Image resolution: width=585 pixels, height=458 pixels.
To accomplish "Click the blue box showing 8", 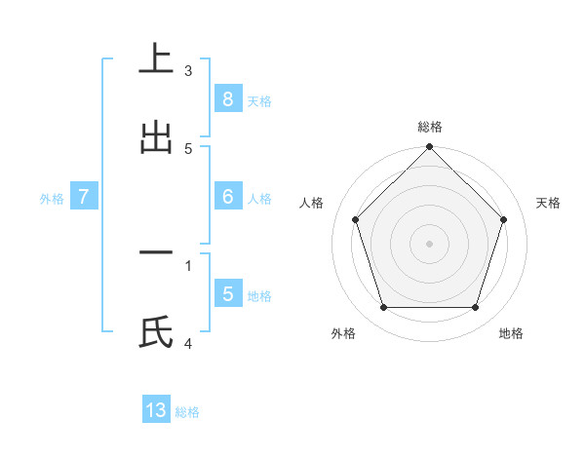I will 227,98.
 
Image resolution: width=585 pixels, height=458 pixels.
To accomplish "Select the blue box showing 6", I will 227,196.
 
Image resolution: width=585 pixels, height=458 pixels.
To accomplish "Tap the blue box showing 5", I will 227,293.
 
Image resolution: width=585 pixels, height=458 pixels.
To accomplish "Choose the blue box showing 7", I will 84,196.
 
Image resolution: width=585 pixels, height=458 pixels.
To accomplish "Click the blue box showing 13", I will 156,410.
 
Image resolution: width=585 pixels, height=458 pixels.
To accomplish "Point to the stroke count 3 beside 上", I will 188,70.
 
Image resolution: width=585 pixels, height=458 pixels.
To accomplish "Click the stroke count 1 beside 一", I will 188,264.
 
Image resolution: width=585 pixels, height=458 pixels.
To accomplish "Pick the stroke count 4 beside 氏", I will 188,343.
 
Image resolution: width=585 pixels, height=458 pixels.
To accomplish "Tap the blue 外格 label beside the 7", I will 52,198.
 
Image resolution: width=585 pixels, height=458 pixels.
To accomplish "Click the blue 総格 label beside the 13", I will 187,412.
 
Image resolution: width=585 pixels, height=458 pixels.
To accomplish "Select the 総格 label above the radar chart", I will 429,127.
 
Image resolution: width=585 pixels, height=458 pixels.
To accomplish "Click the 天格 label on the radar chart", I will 548,203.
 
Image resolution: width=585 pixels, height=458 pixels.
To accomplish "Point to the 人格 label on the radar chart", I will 312,203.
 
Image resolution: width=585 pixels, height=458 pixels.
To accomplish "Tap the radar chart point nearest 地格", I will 475,307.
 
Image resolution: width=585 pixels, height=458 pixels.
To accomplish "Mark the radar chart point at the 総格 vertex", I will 429,148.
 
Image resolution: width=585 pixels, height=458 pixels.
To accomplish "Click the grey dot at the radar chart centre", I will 429,243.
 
